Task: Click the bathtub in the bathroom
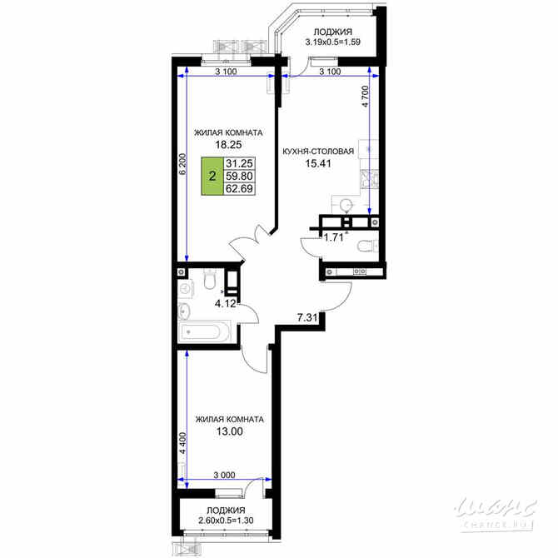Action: pyautogui.click(x=207, y=332)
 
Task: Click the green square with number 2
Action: pyautogui.click(x=212, y=176)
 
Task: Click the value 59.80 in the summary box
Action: pyautogui.click(x=240, y=176)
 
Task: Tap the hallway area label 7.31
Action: pyautogui.click(x=308, y=317)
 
